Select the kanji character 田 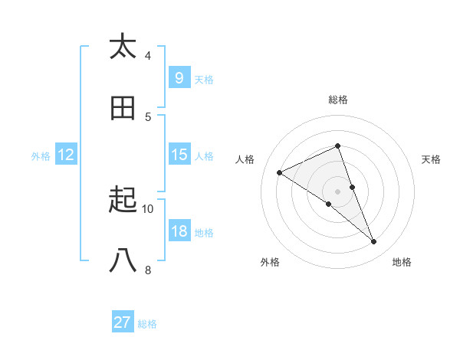(x=123, y=108)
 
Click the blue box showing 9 (x=179, y=77)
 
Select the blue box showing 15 (x=179, y=155)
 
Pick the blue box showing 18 (x=179, y=231)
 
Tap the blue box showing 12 (x=66, y=155)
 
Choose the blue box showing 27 (x=123, y=322)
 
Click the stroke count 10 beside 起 (x=148, y=208)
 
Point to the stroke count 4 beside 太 (x=148, y=55)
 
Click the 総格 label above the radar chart (x=338, y=100)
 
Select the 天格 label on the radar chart (x=432, y=159)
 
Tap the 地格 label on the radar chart (x=402, y=262)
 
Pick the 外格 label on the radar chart (x=270, y=262)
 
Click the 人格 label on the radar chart (x=245, y=159)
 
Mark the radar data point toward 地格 (x=374, y=242)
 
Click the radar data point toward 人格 (x=280, y=172)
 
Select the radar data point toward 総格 (x=338, y=146)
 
